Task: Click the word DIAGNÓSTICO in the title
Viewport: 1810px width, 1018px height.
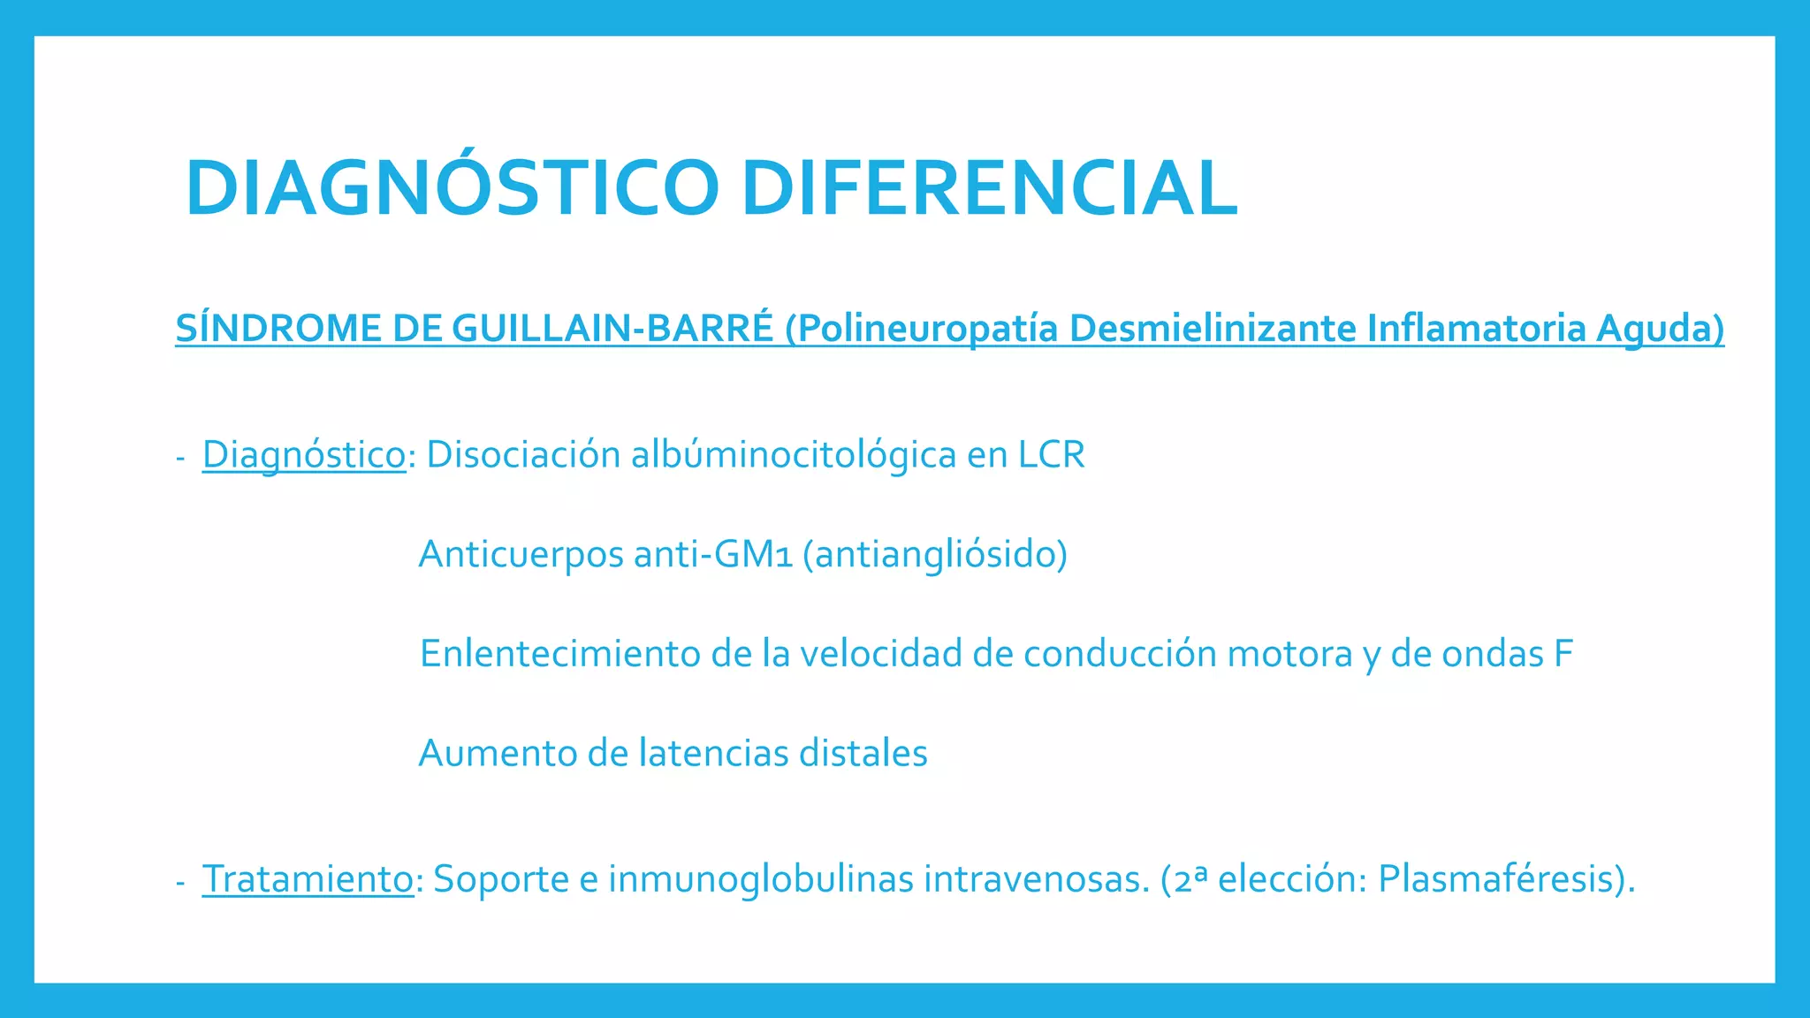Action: (x=452, y=187)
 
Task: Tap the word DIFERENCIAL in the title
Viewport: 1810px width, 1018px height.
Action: (x=989, y=187)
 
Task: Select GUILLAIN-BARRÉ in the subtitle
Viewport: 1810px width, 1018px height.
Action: (x=612, y=329)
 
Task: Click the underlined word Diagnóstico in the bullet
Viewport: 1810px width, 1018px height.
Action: (x=304, y=455)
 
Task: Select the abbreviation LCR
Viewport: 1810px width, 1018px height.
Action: (x=1051, y=455)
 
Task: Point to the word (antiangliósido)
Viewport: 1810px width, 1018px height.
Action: (x=935, y=555)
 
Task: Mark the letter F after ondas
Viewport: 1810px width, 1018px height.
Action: (x=1563, y=654)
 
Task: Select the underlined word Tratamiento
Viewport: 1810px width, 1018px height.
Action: (x=308, y=879)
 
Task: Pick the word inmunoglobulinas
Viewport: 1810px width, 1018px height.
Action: (x=760, y=879)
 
